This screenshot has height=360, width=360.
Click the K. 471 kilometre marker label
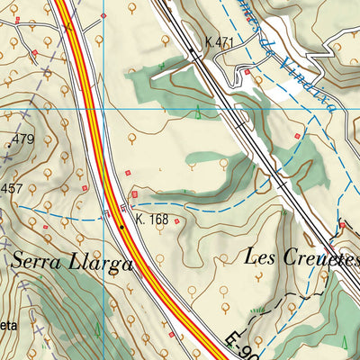[220, 42]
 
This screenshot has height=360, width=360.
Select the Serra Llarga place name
[73, 263]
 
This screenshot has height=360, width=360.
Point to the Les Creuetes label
[301, 256]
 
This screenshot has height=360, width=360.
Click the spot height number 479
[23, 139]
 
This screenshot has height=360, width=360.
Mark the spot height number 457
[13, 188]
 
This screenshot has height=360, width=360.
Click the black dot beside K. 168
[122, 228]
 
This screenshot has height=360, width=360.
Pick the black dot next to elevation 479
[8, 145]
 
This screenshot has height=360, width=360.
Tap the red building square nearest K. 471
[247, 71]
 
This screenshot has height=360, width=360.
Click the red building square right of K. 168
[176, 221]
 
